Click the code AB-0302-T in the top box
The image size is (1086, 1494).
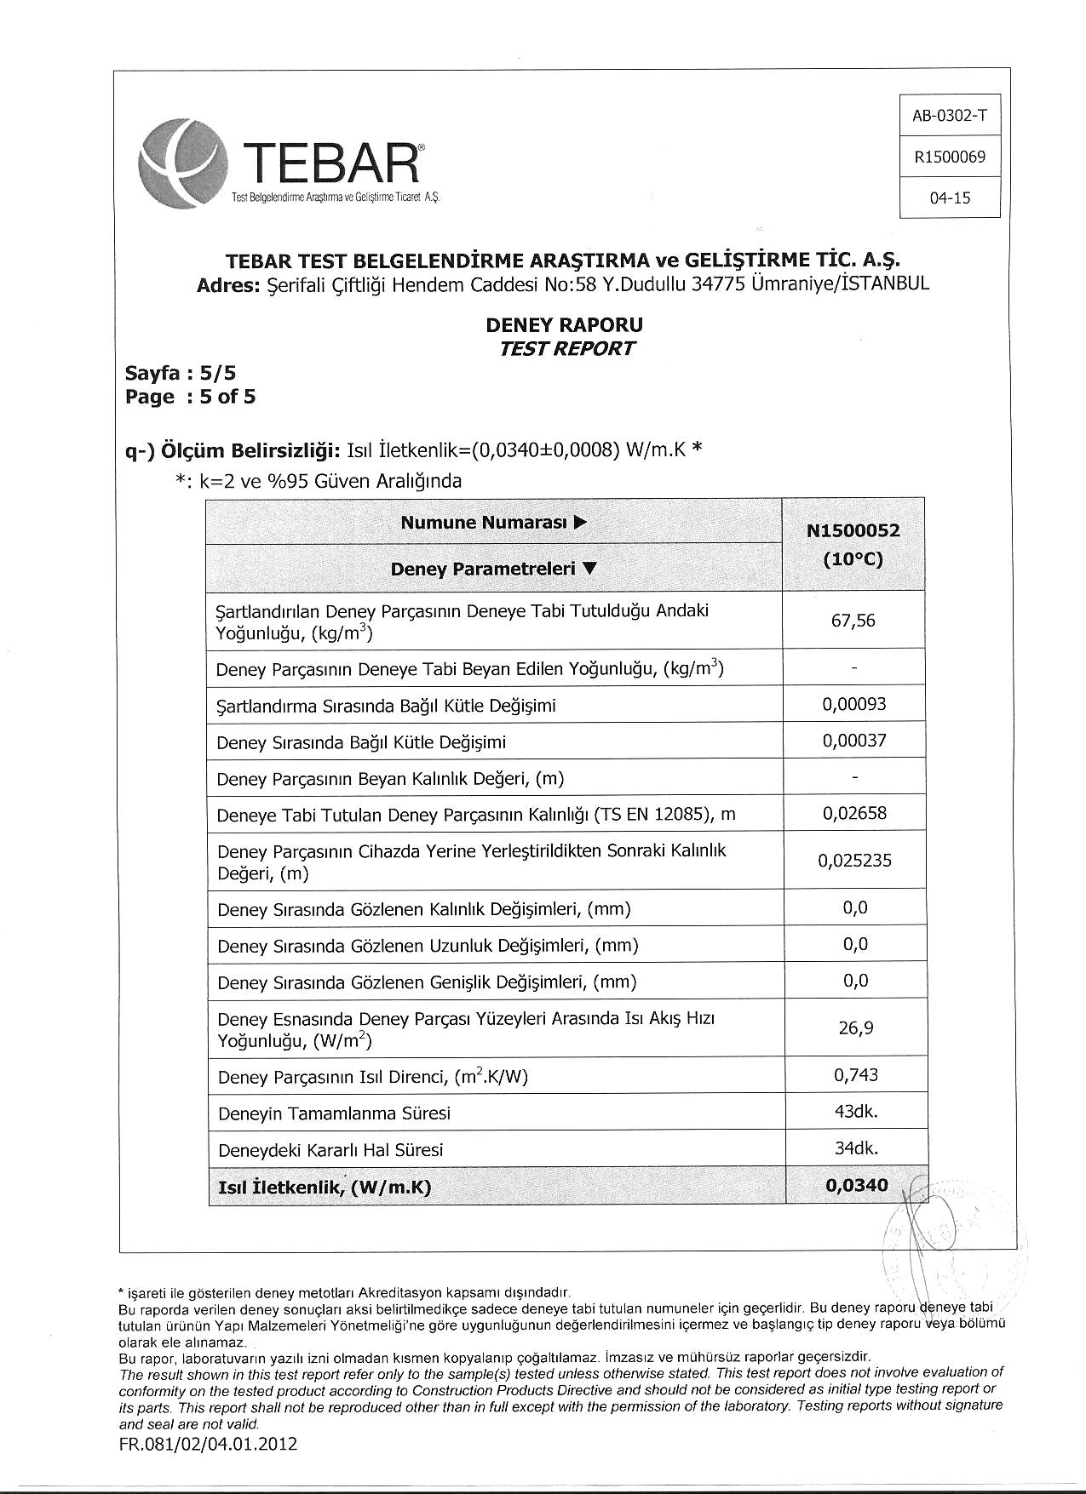click(x=949, y=116)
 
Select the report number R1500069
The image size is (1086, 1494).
click(x=949, y=157)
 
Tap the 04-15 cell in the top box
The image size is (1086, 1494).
click(x=950, y=198)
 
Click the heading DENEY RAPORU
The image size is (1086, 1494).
click(x=564, y=324)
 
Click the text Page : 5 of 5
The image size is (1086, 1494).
click(x=190, y=397)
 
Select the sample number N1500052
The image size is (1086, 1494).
click(x=853, y=530)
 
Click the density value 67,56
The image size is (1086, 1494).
click(x=853, y=621)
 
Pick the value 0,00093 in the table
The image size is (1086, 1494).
click(x=853, y=704)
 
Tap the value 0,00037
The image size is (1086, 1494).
click(x=853, y=741)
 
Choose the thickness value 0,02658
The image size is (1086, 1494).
click(x=853, y=814)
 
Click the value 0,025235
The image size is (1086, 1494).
click(x=853, y=861)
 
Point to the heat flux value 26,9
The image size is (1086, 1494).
click(x=855, y=1028)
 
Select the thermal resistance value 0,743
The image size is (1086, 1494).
click(x=855, y=1075)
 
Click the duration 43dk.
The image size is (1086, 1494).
click(x=855, y=1112)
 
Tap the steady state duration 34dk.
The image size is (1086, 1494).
click(x=855, y=1148)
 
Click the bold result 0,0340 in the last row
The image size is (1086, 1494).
click(x=856, y=1185)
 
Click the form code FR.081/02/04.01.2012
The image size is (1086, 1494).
click(x=209, y=1445)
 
